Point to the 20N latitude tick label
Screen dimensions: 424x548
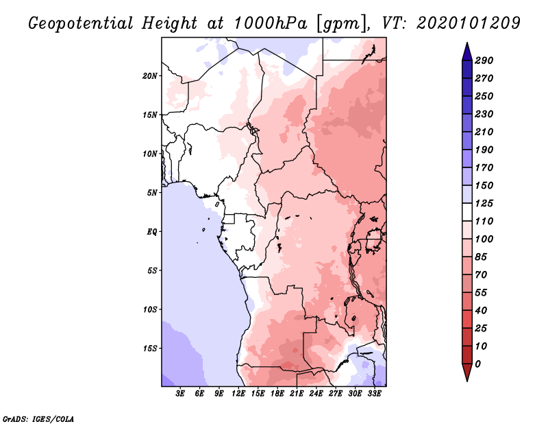[151, 75]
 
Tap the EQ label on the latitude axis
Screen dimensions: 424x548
[152, 231]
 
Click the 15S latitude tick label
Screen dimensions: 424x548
[151, 348]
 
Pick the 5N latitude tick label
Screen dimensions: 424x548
[152, 192]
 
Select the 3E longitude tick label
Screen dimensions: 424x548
[181, 394]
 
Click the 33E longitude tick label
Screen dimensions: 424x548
[375, 394]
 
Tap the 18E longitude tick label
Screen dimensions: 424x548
[278, 394]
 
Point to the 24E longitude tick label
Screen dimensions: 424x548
[316, 394]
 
